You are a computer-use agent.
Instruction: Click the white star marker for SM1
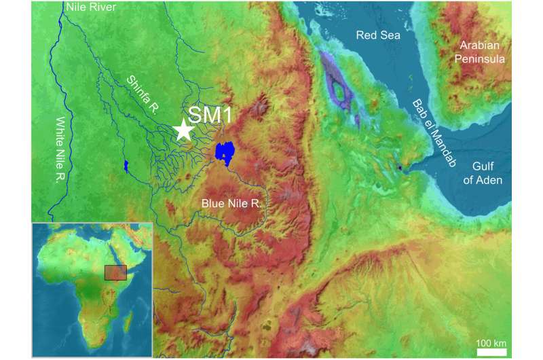pos(183,129)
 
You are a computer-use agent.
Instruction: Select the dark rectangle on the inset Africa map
pos(115,272)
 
